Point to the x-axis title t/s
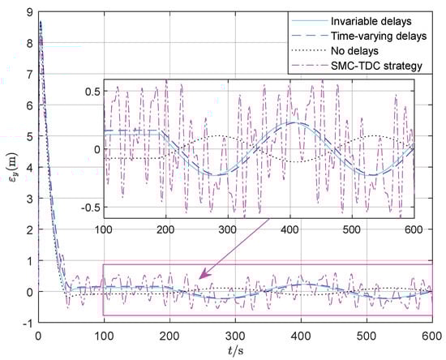click(x=234, y=350)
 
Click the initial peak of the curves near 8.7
click(x=40, y=21)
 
